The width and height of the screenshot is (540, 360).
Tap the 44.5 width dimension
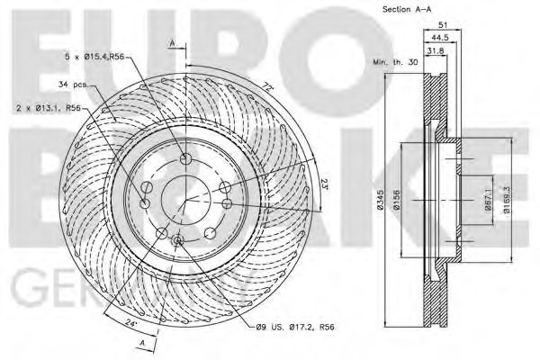[440, 39]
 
